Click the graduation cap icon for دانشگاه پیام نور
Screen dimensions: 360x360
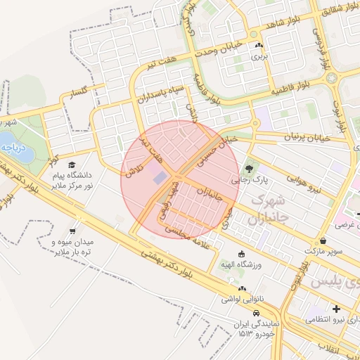click(x=72, y=165)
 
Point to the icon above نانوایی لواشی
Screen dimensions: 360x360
click(x=242, y=289)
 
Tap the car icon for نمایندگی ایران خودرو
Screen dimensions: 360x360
click(x=243, y=314)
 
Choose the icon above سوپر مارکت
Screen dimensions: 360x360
click(x=322, y=240)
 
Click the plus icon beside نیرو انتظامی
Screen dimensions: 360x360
click(x=336, y=309)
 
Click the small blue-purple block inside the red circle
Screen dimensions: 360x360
click(x=160, y=176)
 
